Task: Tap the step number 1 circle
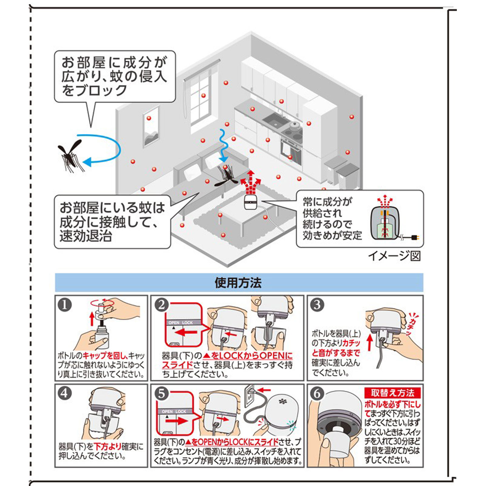click(64, 305)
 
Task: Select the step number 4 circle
click(64, 393)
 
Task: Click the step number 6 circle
click(317, 394)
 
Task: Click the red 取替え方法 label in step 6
click(392, 393)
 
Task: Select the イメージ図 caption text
click(394, 256)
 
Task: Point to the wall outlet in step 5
click(249, 396)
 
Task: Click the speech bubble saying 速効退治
click(112, 222)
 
